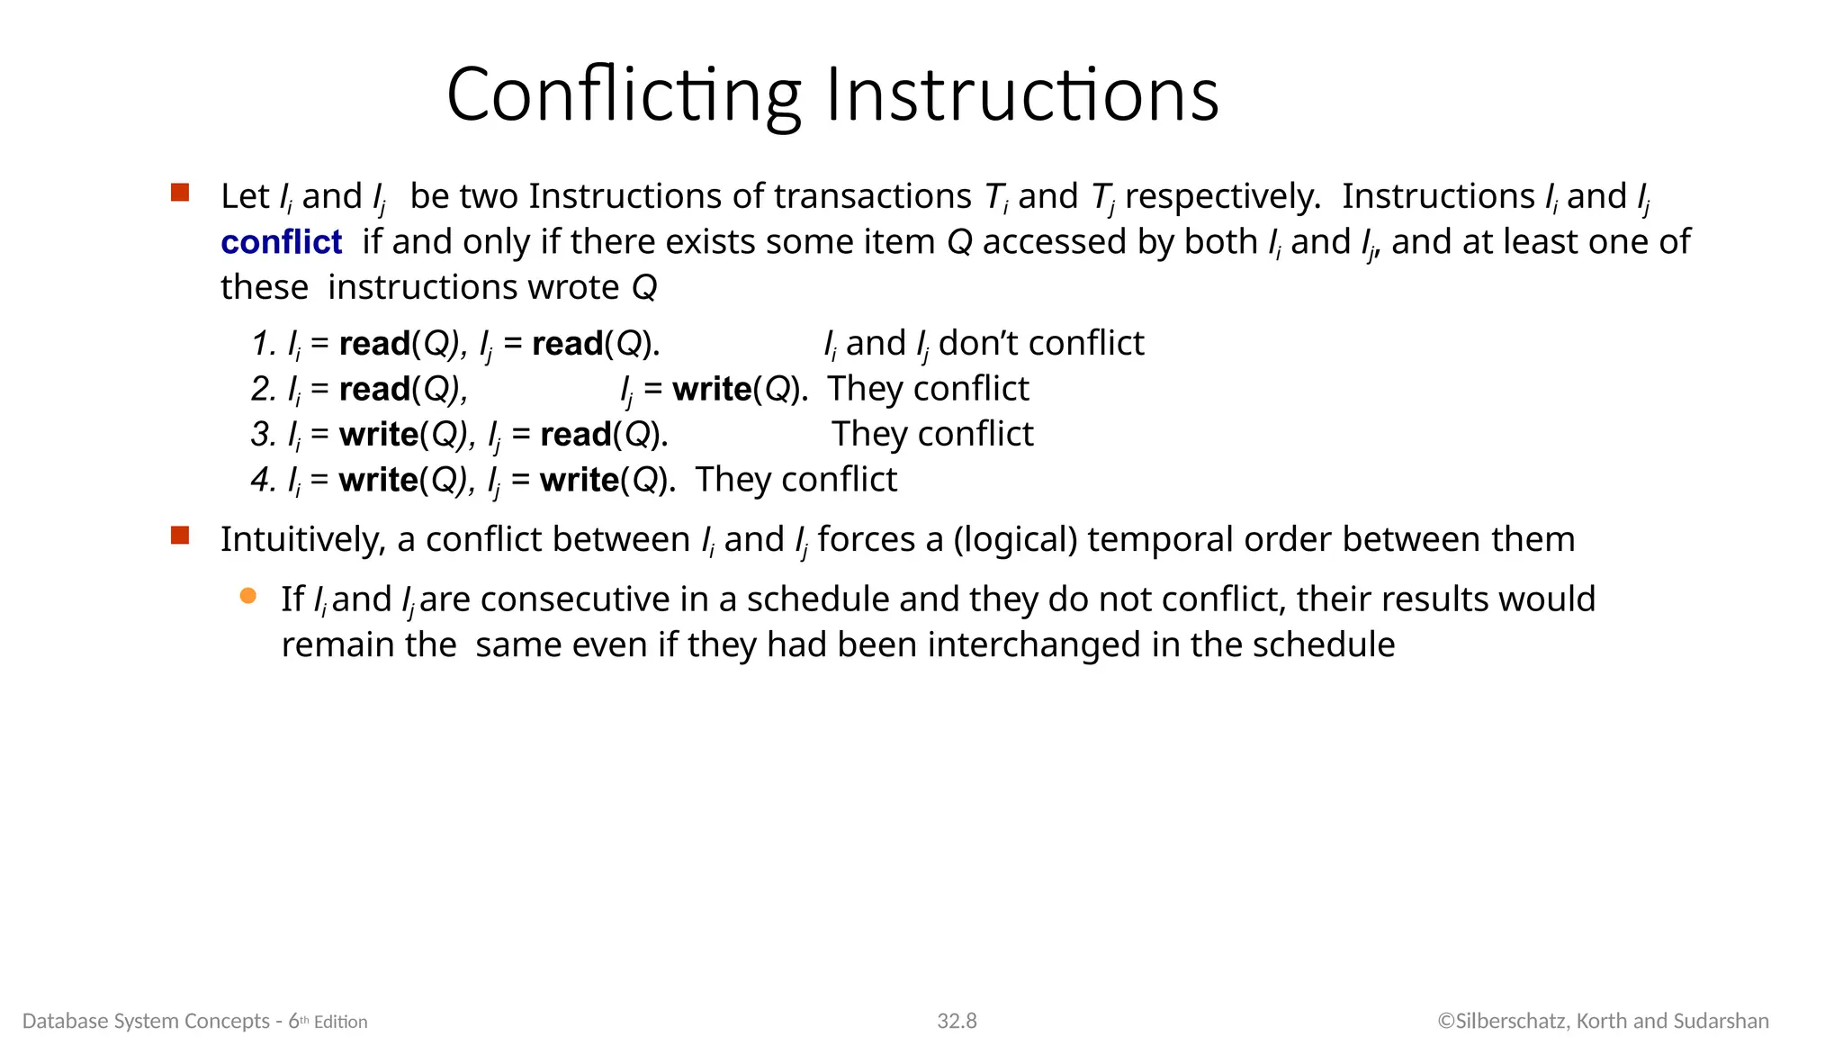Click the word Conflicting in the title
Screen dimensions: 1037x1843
click(623, 95)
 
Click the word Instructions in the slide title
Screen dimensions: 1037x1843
click(1021, 95)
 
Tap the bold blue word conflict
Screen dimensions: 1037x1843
click(281, 242)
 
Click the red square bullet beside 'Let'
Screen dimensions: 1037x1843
click(180, 193)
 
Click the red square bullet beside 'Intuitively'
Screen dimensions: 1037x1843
click(180, 536)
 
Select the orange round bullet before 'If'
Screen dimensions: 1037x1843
click(248, 596)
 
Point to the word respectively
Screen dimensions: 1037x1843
click(1222, 197)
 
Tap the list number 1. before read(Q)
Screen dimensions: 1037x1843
click(264, 344)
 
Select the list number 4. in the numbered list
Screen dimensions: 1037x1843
click(264, 480)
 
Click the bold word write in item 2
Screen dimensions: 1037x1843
click(711, 389)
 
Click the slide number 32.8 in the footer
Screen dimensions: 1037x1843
click(957, 1021)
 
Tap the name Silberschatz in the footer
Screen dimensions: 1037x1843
click(1511, 1021)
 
